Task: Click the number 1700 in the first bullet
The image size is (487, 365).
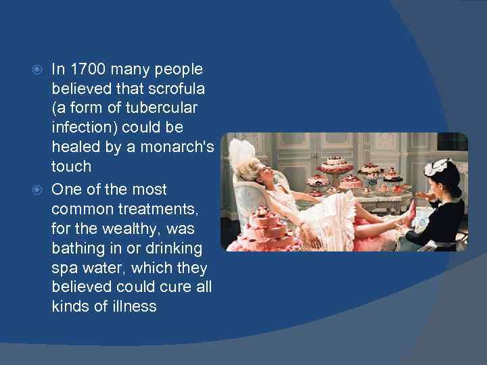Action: tap(88, 70)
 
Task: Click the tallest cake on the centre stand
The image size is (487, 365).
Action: tap(332, 164)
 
